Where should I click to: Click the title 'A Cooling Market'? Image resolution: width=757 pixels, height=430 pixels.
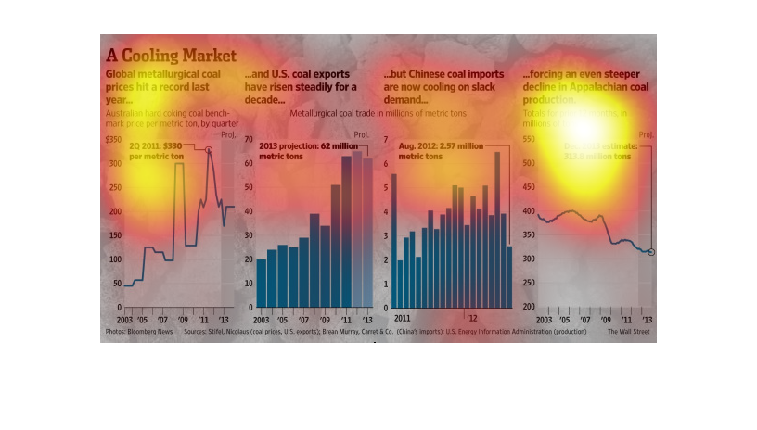pos(171,55)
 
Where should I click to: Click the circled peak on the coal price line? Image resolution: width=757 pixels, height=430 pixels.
pos(209,149)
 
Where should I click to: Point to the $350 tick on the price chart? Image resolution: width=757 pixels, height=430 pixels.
pos(113,140)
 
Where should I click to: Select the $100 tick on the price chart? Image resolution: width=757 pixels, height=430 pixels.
pos(113,259)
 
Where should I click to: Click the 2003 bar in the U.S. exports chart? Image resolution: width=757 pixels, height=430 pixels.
pos(262,283)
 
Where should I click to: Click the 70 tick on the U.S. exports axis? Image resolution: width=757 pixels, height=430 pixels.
pos(250,140)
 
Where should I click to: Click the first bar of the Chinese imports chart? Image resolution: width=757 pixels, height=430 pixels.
pos(393,240)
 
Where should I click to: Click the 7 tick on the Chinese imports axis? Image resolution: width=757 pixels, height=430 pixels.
pos(386,140)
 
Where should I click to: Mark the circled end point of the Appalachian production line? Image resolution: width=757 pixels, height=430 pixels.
pos(651,252)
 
